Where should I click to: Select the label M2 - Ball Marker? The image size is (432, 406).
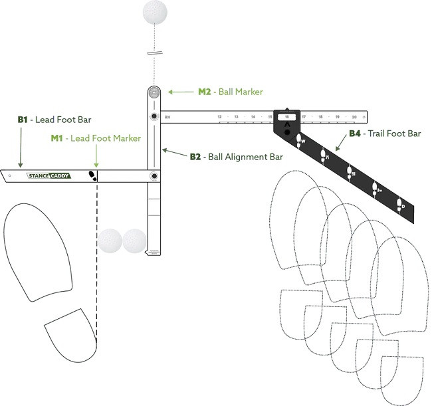pos(231,91)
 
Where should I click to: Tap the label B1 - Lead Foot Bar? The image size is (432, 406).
pos(54,120)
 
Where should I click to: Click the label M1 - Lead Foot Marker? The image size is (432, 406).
pos(96,138)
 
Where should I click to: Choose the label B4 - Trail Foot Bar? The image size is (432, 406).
pos(385,134)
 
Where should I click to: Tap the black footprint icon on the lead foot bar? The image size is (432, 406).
pos(93,175)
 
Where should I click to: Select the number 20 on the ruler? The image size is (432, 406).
pos(354,117)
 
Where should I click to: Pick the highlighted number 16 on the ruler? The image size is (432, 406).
pos(287,117)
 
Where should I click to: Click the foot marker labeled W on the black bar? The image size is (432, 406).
pos(300,140)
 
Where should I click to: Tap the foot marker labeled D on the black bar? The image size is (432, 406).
pos(400,204)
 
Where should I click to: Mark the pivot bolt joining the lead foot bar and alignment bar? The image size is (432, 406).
pos(154,176)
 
